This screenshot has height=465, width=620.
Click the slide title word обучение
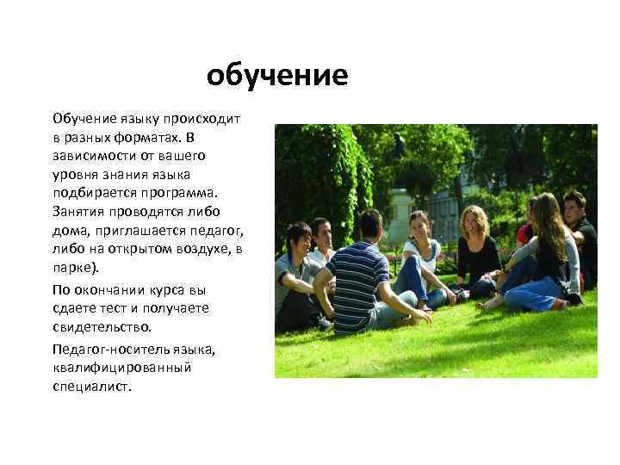(x=276, y=77)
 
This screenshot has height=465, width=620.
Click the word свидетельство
(x=101, y=326)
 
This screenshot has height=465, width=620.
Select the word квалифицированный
(x=121, y=369)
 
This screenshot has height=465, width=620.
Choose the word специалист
(x=91, y=387)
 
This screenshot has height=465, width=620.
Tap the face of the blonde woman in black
(x=472, y=220)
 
